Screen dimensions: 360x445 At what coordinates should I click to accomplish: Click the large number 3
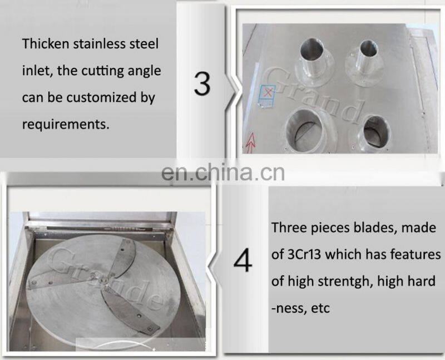202,83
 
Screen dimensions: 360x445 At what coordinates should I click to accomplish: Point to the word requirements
65,124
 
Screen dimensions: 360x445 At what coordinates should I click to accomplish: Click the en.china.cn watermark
222,172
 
